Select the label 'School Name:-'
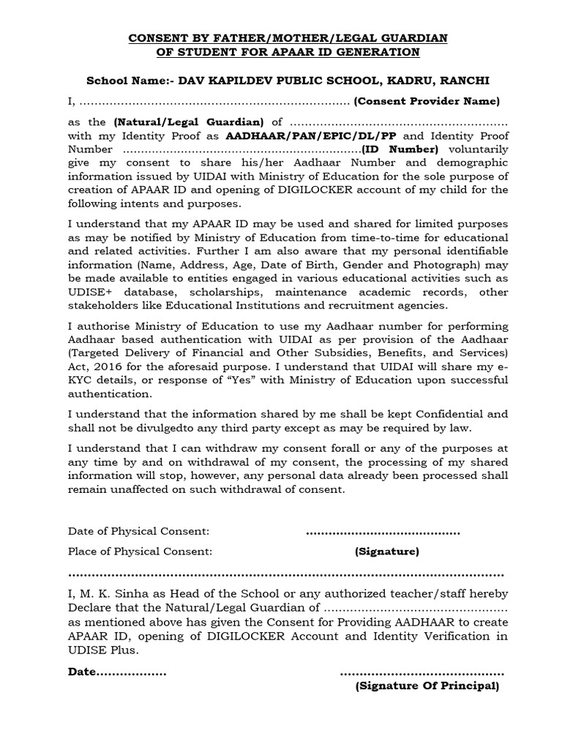point(127,80)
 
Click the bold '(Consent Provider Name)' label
point(427,101)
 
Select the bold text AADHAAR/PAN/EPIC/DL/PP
point(313,136)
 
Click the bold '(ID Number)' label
point(401,149)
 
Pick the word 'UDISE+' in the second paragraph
point(90,292)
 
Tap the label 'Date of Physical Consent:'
point(139,530)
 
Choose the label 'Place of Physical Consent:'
point(140,551)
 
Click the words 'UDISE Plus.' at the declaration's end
point(103,650)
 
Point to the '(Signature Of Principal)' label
point(427,686)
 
